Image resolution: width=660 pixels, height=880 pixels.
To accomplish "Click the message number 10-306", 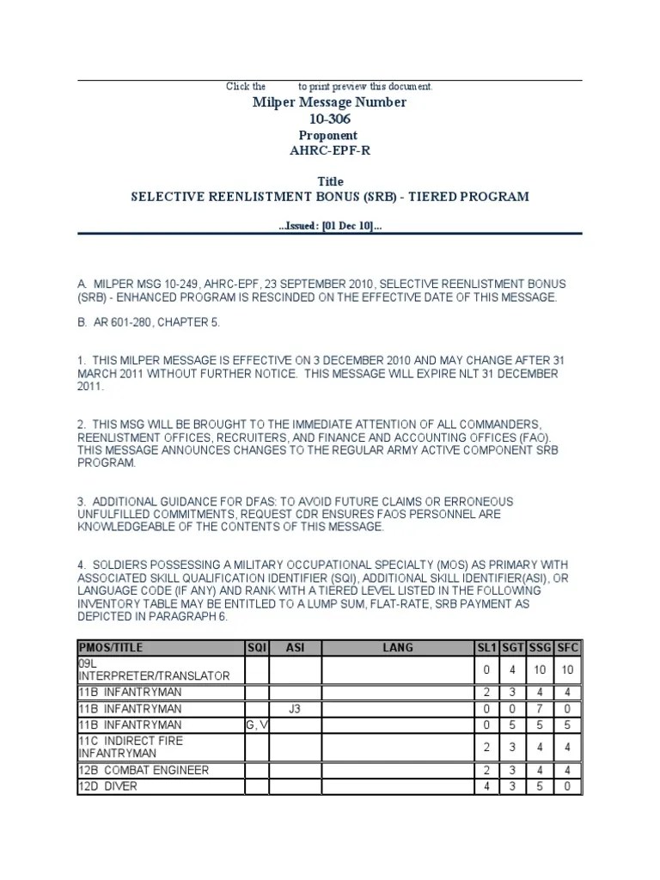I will pyautogui.click(x=329, y=119).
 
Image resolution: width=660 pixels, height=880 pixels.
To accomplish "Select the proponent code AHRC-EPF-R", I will pyautogui.click(x=329, y=150).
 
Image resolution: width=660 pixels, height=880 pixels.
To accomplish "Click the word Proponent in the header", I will pyautogui.click(x=328, y=135).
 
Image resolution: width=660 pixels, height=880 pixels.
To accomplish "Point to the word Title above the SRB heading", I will pyautogui.click(x=330, y=181).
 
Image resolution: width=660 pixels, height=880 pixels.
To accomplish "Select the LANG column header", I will pyautogui.click(x=397, y=647).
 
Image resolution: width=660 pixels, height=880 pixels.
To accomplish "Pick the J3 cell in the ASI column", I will pyautogui.click(x=296, y=708).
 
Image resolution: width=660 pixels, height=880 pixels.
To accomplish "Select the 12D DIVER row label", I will pyautogui.click(x=107, y=785).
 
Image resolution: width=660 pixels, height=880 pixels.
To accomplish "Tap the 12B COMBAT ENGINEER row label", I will pyautogui.click(x=144, y=770).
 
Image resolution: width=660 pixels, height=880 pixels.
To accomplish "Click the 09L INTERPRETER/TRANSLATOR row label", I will pyautogui.click(x=154, y=669).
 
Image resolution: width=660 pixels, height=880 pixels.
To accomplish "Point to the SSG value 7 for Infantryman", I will pyautogui.click(x=539, y=708).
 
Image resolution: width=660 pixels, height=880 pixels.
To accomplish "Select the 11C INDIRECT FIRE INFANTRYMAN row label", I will pyautogui.click(x=131, y=747).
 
